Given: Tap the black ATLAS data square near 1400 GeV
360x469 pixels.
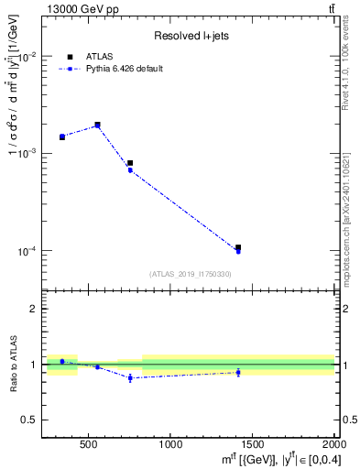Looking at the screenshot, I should coord(238,247).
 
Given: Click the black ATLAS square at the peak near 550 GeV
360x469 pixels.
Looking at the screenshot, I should coord(97,125).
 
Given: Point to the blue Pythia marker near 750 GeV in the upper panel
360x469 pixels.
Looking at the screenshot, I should coord(130,170).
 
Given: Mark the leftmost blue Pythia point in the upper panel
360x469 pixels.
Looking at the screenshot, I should coord(62,137).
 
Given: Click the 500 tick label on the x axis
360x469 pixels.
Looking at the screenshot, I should coord(89,444).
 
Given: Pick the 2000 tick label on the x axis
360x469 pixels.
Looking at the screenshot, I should coord(333,444).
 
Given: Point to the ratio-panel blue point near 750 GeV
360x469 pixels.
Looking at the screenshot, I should coord(130,377).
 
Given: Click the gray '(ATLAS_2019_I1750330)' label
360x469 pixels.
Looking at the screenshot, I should coord(190,274).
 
